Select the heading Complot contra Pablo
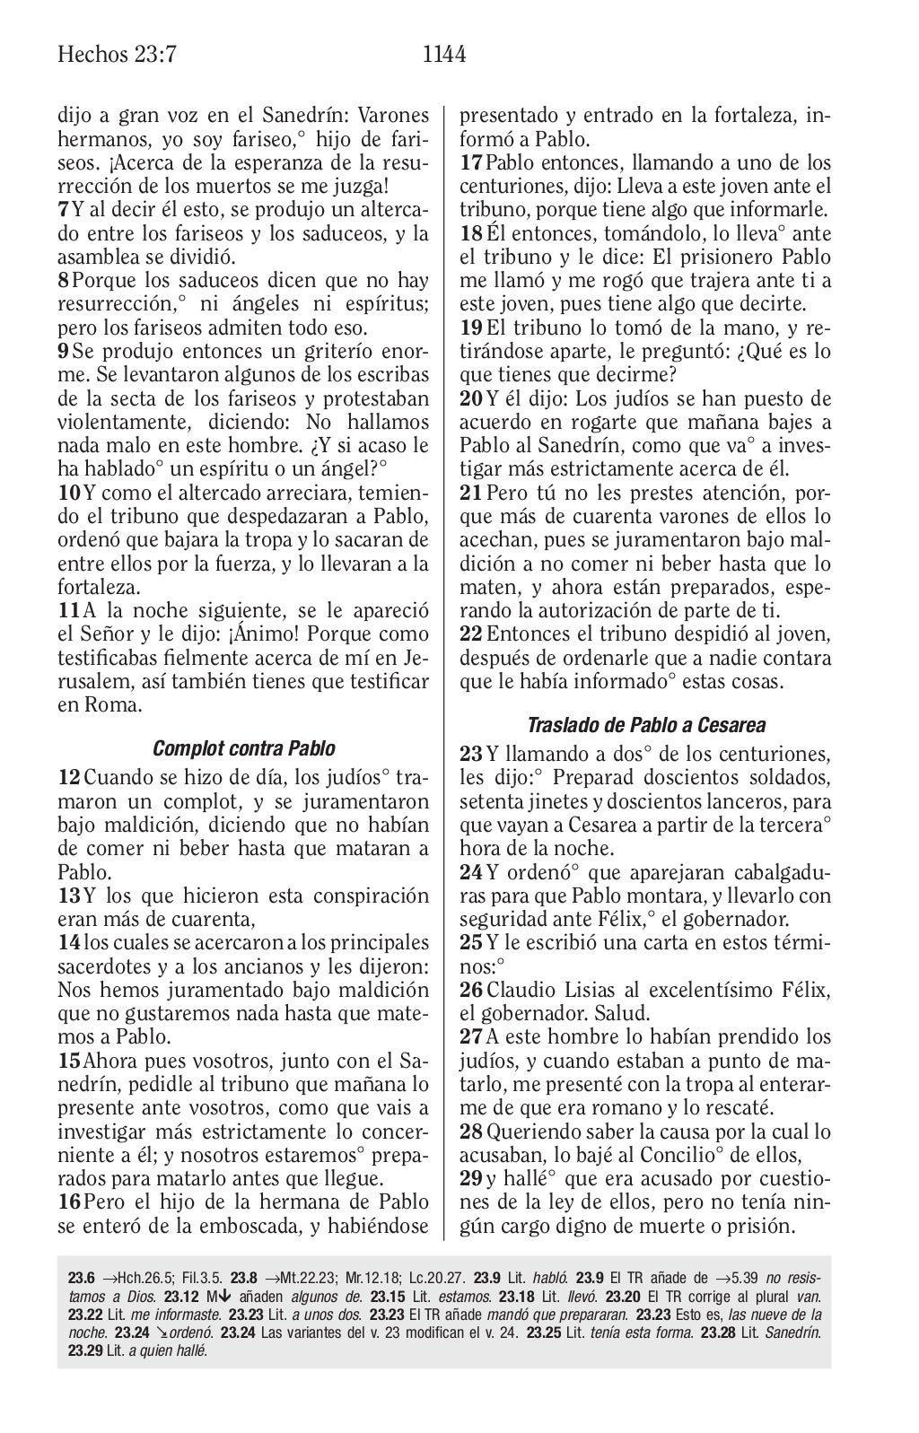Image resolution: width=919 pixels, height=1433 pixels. [244, 748]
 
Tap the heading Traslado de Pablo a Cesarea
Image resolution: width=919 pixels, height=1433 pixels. [646, 724]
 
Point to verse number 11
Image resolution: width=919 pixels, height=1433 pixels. [69, 611]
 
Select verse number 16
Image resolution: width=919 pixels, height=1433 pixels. [68, 1201]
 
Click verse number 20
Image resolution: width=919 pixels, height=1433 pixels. [470, 398]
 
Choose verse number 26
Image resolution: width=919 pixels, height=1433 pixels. [470, 990]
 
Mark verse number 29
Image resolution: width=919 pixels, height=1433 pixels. [470, 1177]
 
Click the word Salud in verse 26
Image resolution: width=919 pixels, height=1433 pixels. [622, 1013]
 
